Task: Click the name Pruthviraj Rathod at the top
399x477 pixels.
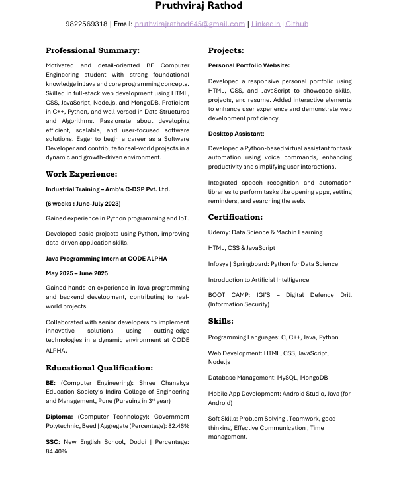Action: coord(199,6)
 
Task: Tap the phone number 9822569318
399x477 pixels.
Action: coord(86,24)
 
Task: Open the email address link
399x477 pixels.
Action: coord(189,24)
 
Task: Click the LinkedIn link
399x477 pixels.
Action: coord(265,24)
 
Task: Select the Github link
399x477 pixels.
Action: coord(296,24)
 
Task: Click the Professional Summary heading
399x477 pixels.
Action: coord(93,50)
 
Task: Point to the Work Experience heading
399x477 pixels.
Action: coord(81,175)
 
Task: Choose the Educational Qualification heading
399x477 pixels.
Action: coord(99,368)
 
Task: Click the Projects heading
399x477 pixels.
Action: coord(226,50)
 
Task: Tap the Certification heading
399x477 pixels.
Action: coord(235,217)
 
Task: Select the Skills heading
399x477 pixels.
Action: coord(220,321)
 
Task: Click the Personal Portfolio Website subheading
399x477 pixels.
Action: coord(249,65)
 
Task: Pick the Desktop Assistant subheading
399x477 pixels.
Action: coord(236,134)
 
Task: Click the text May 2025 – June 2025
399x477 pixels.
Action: coord(77,273)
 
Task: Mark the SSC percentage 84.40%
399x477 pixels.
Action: coord(56,451)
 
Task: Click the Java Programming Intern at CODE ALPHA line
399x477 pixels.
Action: coord(107,259)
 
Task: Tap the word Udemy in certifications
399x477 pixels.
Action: coord(218,232)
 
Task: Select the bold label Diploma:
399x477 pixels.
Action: coord(60,417)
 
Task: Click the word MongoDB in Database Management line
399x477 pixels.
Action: coord(313,378)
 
